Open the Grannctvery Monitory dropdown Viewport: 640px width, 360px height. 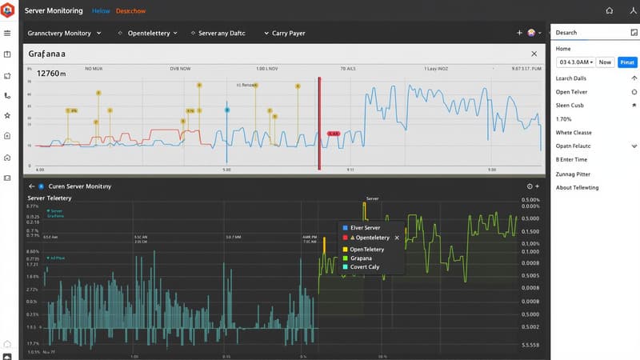coord(64,34)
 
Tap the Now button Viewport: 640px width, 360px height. coord(605,62)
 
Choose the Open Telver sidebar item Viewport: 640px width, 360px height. coord(572,92)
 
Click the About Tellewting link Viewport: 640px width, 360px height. coord(577,187)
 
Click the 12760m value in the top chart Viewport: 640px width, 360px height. coord(46,74)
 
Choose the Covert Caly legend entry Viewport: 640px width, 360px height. coord(366,268)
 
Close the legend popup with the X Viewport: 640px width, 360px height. coord(398,238)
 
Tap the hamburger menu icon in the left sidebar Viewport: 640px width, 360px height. coord(7,34)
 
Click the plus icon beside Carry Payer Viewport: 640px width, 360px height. coord(519,34)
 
